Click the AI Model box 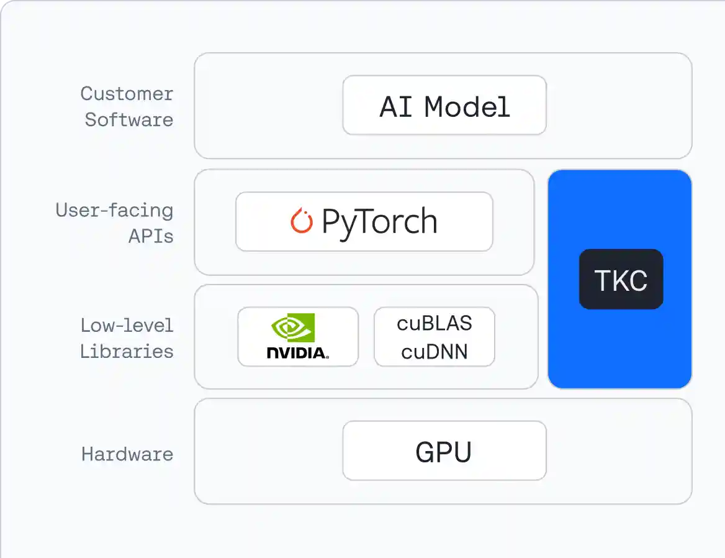pos(444,105)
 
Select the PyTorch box pos(364,222)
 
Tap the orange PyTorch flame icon pos(302,221)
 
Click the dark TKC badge pos(621,280)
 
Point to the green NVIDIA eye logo pos(293,327)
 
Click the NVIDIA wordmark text pos(297,353)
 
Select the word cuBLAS pos(435,323)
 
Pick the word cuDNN pos(435,352)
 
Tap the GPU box pos(444,451)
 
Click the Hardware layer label pos(127,454)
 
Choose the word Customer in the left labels pos(127,94)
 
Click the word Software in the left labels pos(128,119)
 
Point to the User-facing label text pos(114,210)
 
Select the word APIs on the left pos(151,236)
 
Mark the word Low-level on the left pos(127,325)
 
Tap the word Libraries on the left pos(127,351)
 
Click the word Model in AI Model pos(467,106)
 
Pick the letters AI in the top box pos(396,106)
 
